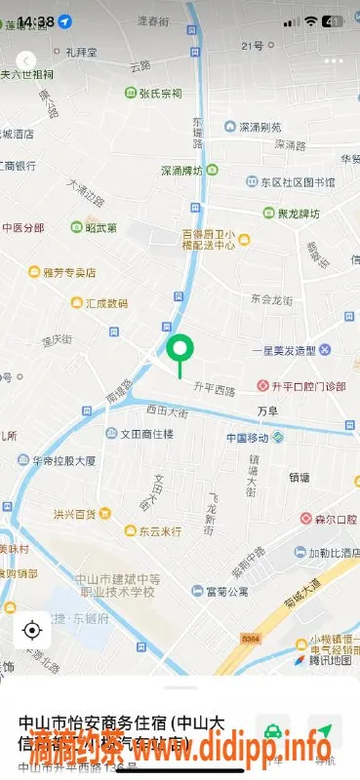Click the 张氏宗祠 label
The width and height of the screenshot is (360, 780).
coord(161,94)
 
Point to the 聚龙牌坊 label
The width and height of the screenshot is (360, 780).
coord(298,214)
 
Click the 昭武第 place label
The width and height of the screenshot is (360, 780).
coord(100,228)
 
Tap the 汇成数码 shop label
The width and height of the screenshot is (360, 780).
coord(105,303)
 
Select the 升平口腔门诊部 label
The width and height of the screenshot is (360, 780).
coord(308,386)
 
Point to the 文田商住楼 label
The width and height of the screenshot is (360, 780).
coord(146,434)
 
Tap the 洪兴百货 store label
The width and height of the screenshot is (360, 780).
coord(75,514)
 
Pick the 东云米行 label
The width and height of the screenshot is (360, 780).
coord(159,531)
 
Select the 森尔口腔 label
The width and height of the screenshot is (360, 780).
coord(329,521)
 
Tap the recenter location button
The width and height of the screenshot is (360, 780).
coord(31,630)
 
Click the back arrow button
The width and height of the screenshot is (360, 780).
coord(27,60)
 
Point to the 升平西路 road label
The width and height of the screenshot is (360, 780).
coord(215,391)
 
